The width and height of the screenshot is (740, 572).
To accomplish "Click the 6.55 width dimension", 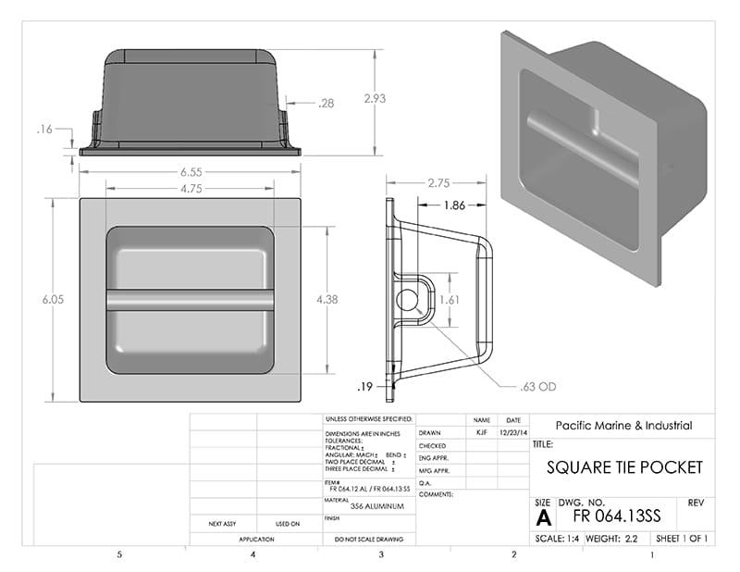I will point(190,172).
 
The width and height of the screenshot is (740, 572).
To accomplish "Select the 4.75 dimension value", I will point(190,187).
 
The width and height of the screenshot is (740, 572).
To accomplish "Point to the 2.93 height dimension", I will point(375,98).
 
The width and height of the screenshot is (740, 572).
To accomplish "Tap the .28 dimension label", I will point(326,104).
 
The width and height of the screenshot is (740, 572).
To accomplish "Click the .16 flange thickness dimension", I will point(44,130).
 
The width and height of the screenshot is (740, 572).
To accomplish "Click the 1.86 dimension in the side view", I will point(454,205).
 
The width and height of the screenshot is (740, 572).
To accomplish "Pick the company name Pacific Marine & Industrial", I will point(623,426).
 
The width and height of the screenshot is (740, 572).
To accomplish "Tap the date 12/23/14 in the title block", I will point(513,432).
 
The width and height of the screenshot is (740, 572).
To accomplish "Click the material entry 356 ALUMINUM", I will point(370,507).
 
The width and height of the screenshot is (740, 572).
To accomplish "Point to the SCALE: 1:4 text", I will point(559,539).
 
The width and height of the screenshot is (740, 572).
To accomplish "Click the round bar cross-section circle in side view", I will point(407,301).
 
